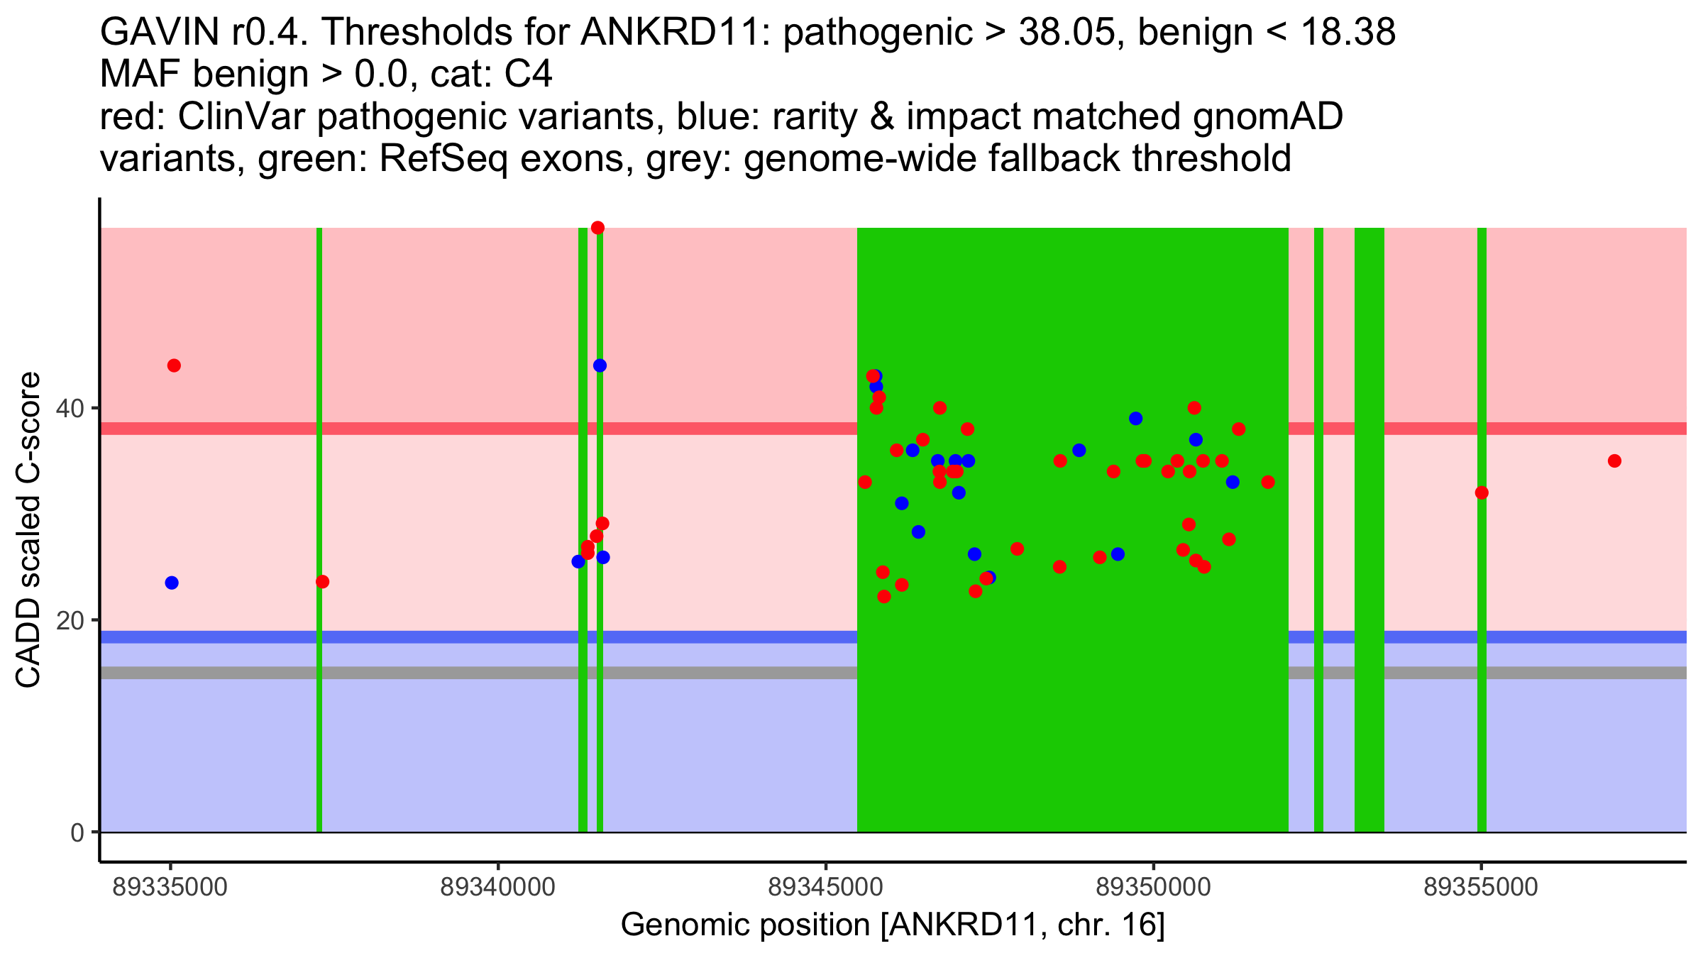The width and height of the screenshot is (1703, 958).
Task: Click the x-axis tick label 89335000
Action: pyautogui.click(x=170, y=887)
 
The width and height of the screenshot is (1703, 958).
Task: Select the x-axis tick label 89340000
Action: pyautogui.click(x=498, y=887)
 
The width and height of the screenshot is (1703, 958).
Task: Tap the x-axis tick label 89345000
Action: pyautogui.click(x=826, y=887)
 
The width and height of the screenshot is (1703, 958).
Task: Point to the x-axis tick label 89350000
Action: pyautogui.click(x=1154, y=887)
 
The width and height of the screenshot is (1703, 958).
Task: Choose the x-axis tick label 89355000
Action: pyautogui.click(x=1481, y=887)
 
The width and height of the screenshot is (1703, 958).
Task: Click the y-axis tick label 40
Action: pyautogui.click(x=71, y=408)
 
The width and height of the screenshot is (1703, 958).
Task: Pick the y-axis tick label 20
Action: pyautogui.click(x=71, y=620)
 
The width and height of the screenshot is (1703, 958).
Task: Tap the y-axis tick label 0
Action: pyautogui.click(x=78, y=832)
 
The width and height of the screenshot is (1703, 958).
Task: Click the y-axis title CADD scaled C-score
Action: pyautogui.click(x=28, y=530)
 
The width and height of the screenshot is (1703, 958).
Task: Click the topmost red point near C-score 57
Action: pyautogui.click(x=597, y=228)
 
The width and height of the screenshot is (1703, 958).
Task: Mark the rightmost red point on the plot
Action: pyautogui.click(x=1614, y=461)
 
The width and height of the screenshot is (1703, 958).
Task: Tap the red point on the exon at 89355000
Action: pyautogui.click(x=1482, y=493)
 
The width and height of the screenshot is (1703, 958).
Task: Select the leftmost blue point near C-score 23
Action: pyautogui.click(x=172, y=583)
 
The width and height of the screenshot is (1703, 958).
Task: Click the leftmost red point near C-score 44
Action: pyautogui.click(x=174, y=365)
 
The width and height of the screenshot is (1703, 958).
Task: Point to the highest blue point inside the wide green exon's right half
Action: pyautogui.click(x=1135, y=419)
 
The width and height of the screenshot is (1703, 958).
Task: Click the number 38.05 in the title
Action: pyautogui.click(x=1066, y=32)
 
